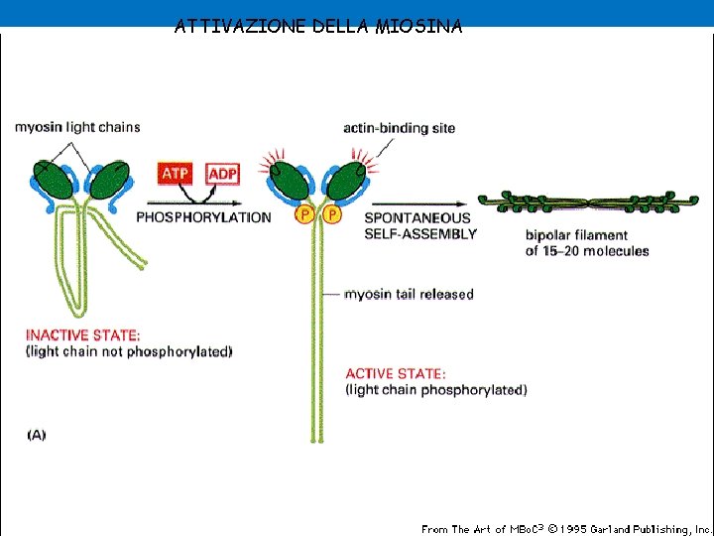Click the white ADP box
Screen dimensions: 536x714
click(222, 175)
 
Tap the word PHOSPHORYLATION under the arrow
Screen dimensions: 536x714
click(202, 217)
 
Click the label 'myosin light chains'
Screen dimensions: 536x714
click(77, 127)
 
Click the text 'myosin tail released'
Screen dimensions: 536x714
click(409, 294)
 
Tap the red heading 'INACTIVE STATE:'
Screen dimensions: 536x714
click(83, 335)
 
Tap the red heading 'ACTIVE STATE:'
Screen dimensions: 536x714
click(396, 373)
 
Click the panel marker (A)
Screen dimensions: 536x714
click(36, 434)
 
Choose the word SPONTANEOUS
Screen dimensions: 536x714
click(417, 217)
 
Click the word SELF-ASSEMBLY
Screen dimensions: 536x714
click(420, 234)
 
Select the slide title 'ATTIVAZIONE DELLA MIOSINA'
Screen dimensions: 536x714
click(317, 27)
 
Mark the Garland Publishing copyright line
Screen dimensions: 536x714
click(565, 529)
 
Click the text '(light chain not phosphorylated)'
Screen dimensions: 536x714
click(128, 351)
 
